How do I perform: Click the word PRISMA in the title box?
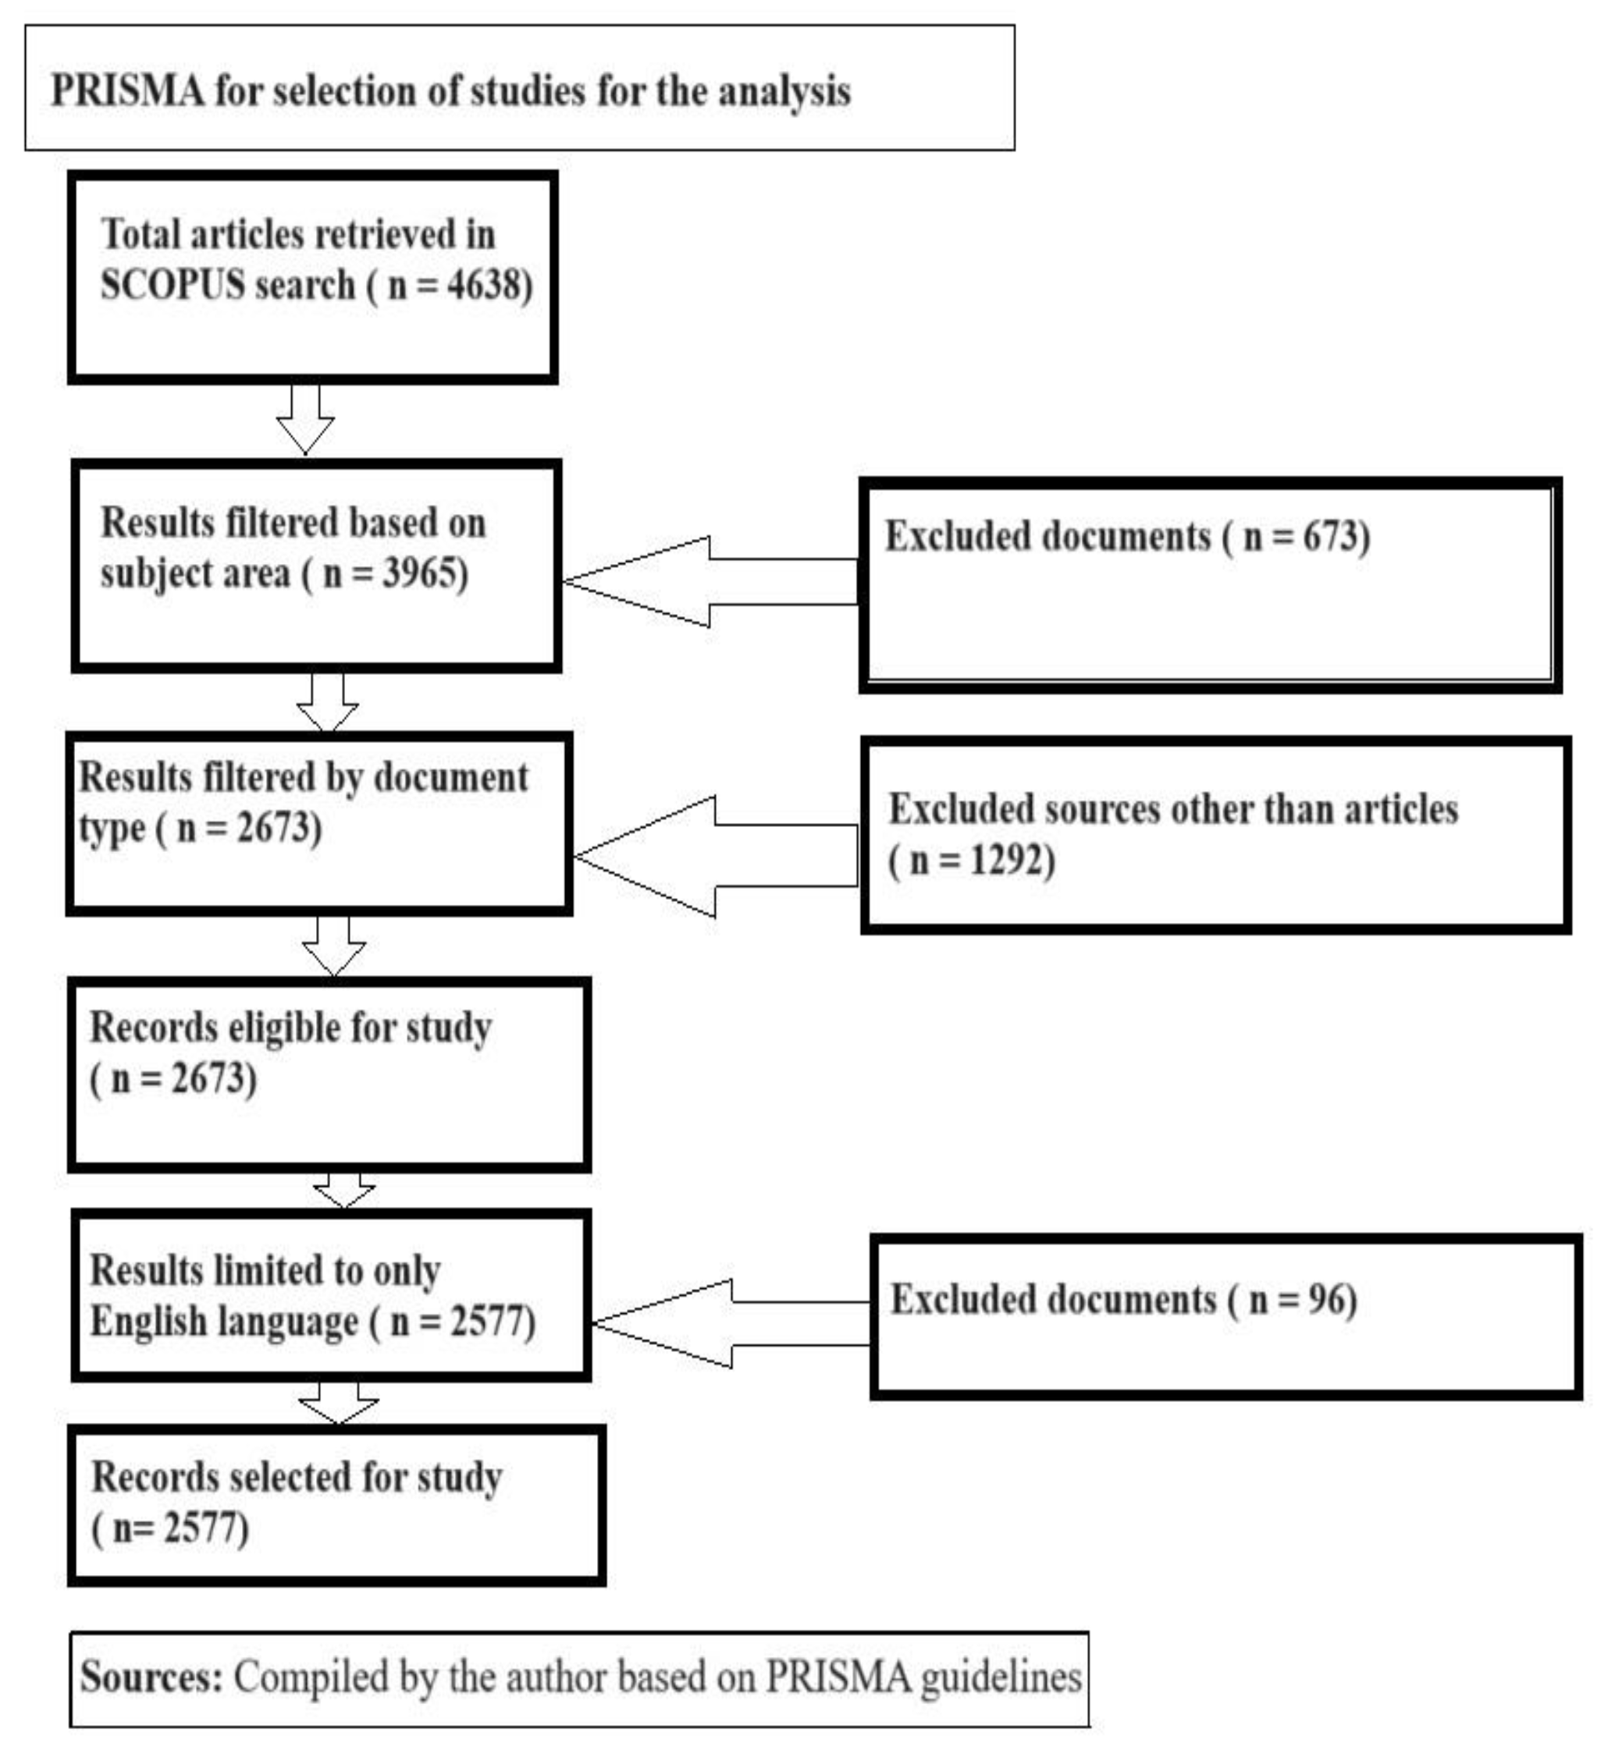pyautogui.click(x=127, y=91)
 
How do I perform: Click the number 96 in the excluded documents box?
pyautogui.click(x=1326, y=1300)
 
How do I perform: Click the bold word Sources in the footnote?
pyautogui.click(x=151, y=1677)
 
